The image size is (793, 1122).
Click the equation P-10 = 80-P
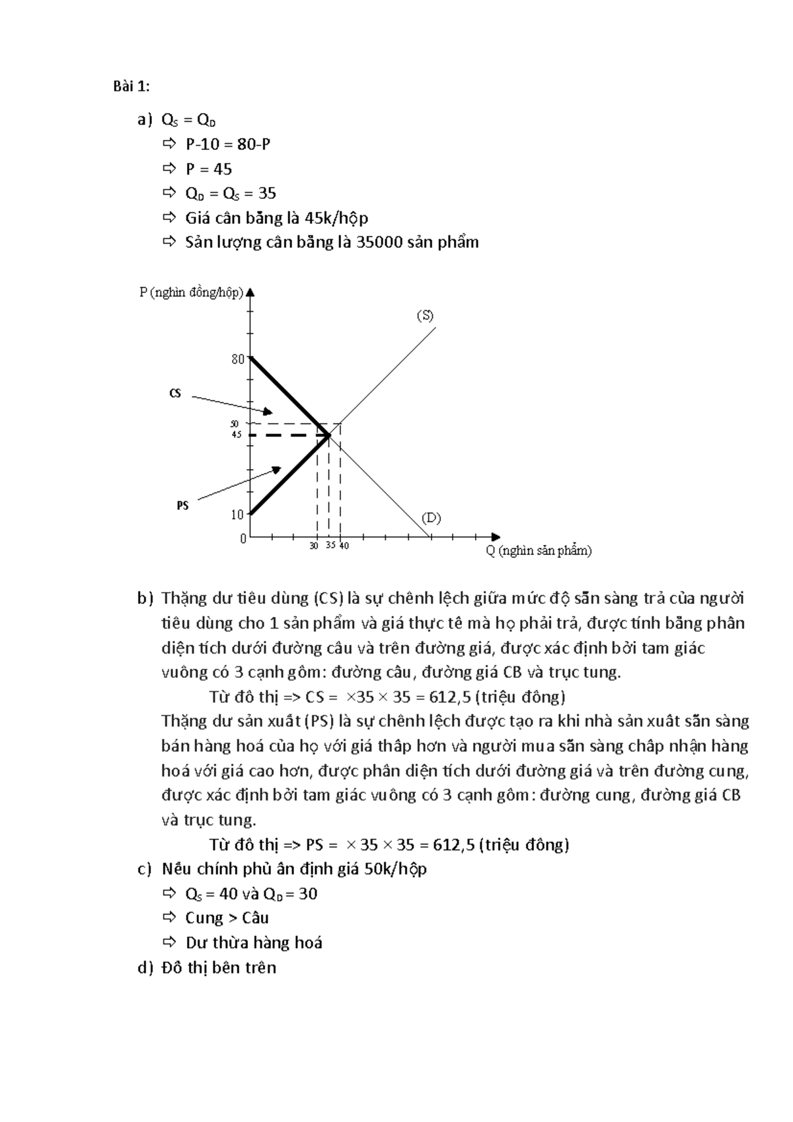(x=227, y=144)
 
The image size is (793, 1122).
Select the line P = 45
(x=208, y=169)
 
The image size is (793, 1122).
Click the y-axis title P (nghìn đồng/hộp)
(x=191, y=293)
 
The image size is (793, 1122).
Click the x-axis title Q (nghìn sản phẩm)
(x=539, y=550)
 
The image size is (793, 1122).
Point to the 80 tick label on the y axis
(x=237, y=359)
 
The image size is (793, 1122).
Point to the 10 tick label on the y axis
(x=237, y=515)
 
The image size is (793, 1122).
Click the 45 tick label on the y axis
(x=237, y=435)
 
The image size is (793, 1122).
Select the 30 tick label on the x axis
(x=314, y=546)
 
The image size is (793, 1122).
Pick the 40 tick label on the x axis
(x=344, y=546)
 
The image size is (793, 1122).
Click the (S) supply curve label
(x=424, y=316)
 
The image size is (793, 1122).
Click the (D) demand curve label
(x=431, y=517)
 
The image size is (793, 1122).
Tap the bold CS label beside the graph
(x=175, y=394)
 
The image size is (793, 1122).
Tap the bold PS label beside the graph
(x=182, y=505)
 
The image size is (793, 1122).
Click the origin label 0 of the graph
(x=243, y=539)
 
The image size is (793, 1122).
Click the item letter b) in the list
(x=145, y=599)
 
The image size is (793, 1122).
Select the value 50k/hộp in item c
(x=395, y=869)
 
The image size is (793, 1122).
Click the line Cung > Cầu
(x=227, y=918)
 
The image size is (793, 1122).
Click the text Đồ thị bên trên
(x=219, y=968)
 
